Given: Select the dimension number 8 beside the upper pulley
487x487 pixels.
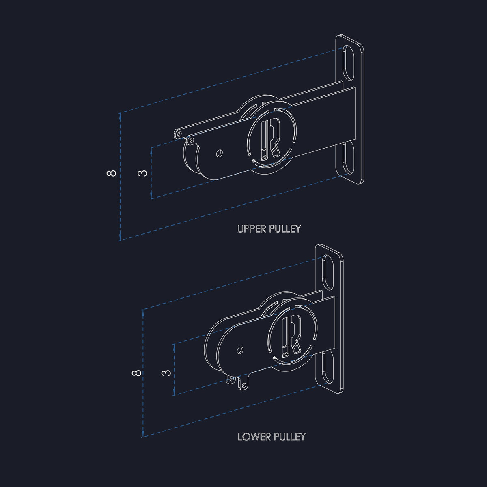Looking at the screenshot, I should pyautogui.click(x=112, y=173).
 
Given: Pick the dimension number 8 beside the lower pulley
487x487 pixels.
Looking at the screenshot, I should pyautogui.click(x=137, y=373).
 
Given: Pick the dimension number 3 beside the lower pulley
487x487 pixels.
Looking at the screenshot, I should pyautogui.click(x=166, y=373).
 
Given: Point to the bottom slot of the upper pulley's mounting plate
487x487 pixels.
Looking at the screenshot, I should pyautogui.click(x=348, y=158).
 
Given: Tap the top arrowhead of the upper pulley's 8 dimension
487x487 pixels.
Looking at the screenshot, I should pyautogui.click(x=120, y=116).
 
